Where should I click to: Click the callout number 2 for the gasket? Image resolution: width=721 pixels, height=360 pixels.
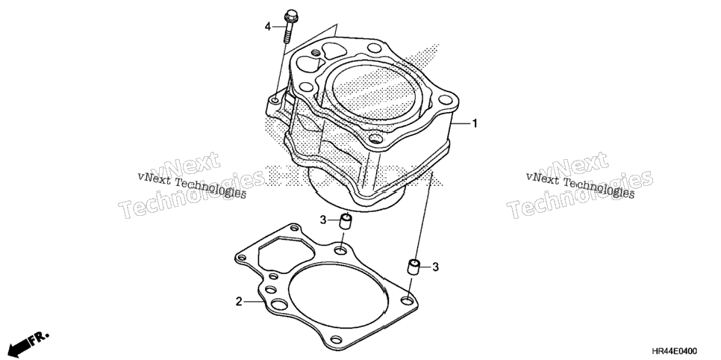tap(239, 302)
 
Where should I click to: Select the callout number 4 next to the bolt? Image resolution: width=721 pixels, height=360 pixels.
tap(268, 27)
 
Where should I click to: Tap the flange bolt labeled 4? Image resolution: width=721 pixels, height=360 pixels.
tap(290, 26)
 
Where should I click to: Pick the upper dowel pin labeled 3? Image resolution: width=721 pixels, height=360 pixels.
tap(346, 220)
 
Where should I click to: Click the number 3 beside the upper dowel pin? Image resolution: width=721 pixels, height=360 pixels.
tap(323, 220)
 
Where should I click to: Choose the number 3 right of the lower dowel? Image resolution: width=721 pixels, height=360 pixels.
tap(435, 267)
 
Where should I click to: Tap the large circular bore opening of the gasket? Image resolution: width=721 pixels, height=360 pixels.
tap(338, 296)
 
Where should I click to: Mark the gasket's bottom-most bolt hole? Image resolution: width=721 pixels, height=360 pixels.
tap(337, 340)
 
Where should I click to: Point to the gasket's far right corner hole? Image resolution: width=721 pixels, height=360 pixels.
tap(407, 301)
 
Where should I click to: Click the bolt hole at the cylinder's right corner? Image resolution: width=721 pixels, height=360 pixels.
tap(445, 99)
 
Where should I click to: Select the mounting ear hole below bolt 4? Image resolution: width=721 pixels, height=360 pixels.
tap(275, 100)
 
